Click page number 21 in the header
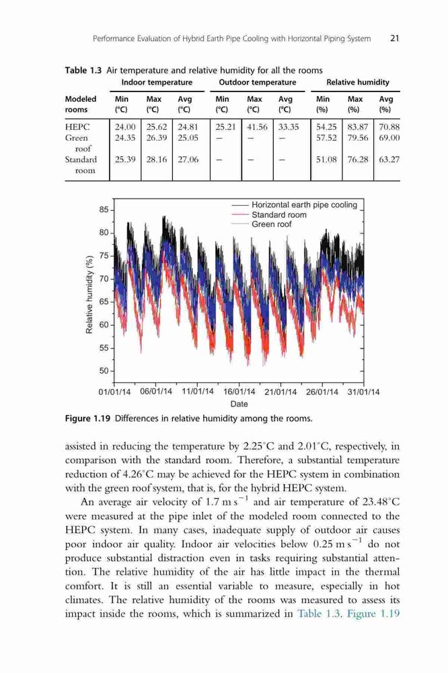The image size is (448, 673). click(x=394, y=38)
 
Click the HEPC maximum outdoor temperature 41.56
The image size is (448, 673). click(x=257, y=127)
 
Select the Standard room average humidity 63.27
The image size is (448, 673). click(x=389, y=160)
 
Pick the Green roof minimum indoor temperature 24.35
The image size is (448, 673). click(x=125, y=138)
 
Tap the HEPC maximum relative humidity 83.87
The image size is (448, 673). click(x=357, y=127)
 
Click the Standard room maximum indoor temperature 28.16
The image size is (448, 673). click(x=157, y=160)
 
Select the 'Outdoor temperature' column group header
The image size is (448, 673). click(x=258, y=82)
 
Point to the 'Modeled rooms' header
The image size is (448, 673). click(x=81, y=104)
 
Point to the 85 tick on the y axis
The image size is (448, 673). click(x=104, y=210)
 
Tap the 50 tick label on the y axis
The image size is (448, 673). click(x=104, y=371)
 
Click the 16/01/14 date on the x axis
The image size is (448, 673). click(x=239, y=392)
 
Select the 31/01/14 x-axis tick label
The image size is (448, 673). click(x=364, y=392)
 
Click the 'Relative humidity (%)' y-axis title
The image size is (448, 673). click(x=89, y=295)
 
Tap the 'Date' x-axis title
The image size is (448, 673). click(x=239, y=404)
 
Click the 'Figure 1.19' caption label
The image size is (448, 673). click(x=88, y=419)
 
